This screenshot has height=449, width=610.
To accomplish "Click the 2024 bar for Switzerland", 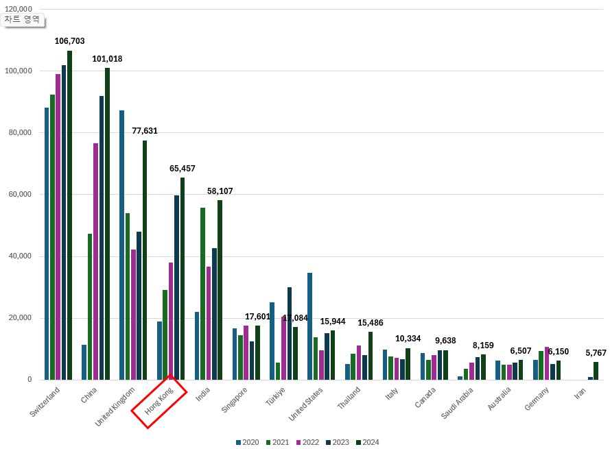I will click(69, 215).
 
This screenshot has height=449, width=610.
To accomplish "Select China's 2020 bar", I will click(84, 362).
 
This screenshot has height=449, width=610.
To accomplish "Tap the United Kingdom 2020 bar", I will click(122, 245).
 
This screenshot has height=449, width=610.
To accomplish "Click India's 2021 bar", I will click(203, 293).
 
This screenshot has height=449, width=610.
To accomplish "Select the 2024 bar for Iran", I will click(596, 371).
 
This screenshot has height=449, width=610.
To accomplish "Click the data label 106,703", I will click(69, 41).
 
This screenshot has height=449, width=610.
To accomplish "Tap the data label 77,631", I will click(145, 131).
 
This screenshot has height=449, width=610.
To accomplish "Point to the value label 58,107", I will click(220, 191).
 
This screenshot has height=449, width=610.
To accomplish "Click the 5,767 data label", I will click(596, 353).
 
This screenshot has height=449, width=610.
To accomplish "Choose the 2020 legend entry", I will click(247, 442).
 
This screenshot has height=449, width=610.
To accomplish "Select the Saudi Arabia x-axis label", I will click(458, 402).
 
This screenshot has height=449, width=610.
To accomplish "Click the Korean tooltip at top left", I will click(23, 19).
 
